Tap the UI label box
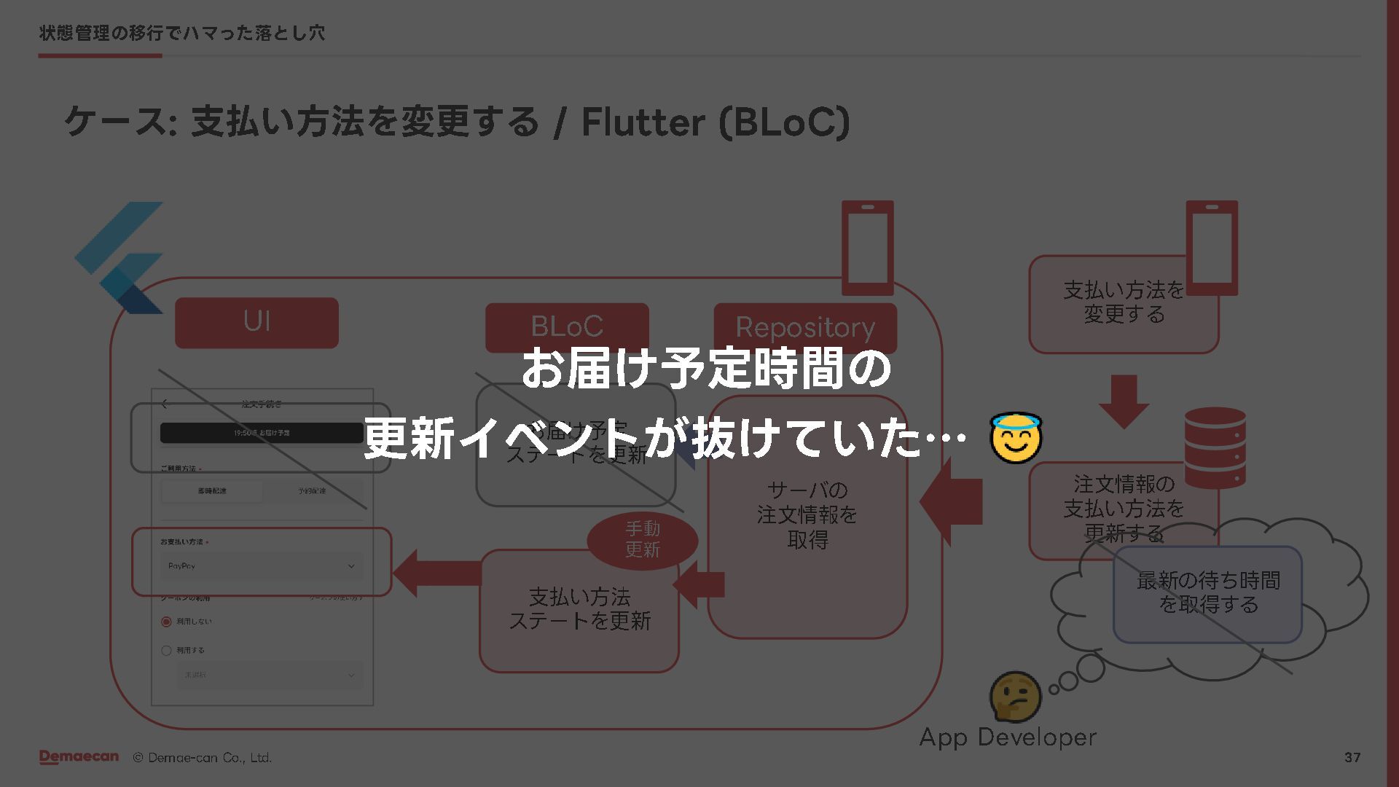point(256,322)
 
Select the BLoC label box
point(567,327)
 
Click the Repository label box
point(805,328)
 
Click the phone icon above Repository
point(867,248)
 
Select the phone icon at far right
point(1212,248)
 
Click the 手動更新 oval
point(642,539)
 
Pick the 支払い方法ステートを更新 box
point(579,611)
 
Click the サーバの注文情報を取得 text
point(807,515)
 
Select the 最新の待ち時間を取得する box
point(1207,594)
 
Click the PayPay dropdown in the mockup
point(262,566)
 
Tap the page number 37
point(1352,758)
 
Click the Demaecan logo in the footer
point(79,757)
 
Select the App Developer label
point(1008,737)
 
